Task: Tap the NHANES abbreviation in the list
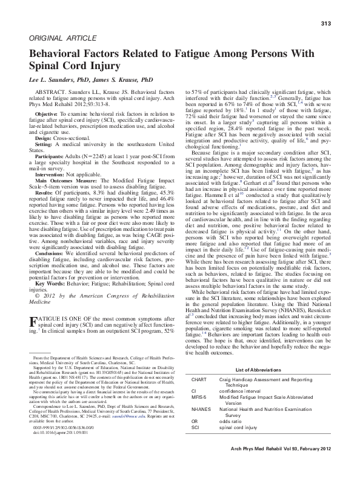click(201, 410)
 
